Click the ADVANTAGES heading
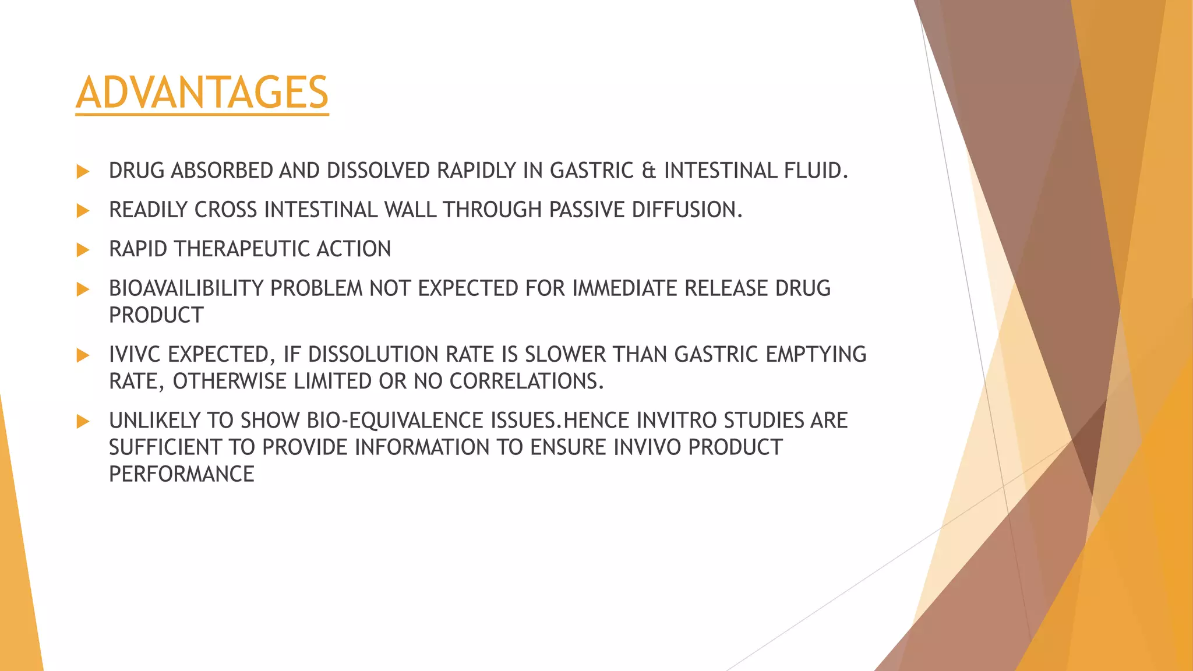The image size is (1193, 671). (x=202, y=93)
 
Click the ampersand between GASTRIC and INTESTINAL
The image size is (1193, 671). (x=648, y=171)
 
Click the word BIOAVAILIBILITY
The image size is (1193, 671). (x=186, y=288)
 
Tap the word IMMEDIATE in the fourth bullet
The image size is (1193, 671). (x=626, y=288)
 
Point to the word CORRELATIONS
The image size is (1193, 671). (x=526, y=382)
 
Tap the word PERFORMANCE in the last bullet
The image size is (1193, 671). (x=182, y=474)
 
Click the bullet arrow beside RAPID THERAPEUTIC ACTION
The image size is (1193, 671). (x=83, y=250)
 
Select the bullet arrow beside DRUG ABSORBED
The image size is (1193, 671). (x=83, y=171)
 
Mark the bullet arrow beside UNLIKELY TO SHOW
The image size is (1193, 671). (x=83, y=421)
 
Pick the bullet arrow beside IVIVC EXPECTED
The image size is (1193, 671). (x=83, y=355)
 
